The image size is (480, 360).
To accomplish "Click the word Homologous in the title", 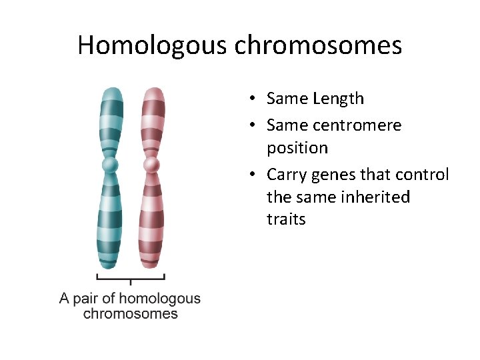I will pos(151,45).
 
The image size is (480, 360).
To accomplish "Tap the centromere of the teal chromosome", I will pos(110,164).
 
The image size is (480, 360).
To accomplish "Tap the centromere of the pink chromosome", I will pos(152,164).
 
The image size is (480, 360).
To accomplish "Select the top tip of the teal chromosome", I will pos(111,89).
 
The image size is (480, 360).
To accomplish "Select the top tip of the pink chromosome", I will pos(153,89).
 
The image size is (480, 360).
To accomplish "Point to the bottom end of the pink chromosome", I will pos(151,266).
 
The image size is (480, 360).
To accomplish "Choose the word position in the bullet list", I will pos(297,148).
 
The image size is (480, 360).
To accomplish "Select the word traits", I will pos(286,220).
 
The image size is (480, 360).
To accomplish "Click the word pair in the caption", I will pos(85,299).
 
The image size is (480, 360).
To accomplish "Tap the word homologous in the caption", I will pos(159,299).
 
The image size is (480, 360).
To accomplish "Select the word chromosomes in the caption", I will pos(131,313).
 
